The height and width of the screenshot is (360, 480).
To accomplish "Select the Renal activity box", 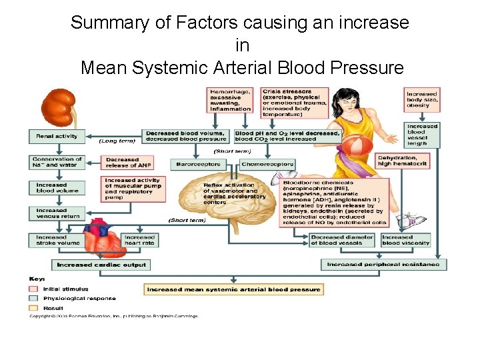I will [57, 136].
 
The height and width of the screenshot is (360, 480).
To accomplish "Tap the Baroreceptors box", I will [198, 164].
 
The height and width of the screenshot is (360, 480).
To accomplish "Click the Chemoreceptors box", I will [267, 164].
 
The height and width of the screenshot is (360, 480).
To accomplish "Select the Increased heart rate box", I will [139, 240].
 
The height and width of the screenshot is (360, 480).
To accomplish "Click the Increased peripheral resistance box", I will [383, 265].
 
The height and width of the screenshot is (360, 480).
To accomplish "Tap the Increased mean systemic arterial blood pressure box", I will [234, 289].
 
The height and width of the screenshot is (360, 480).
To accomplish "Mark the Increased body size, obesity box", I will [423, 100].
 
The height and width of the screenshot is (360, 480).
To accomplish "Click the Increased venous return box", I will [57, 213].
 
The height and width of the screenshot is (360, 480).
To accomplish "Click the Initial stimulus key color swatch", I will [33, 289].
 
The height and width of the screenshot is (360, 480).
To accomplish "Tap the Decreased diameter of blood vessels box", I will [343, 240].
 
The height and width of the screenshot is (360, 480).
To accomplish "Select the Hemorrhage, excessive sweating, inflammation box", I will [230, 100].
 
